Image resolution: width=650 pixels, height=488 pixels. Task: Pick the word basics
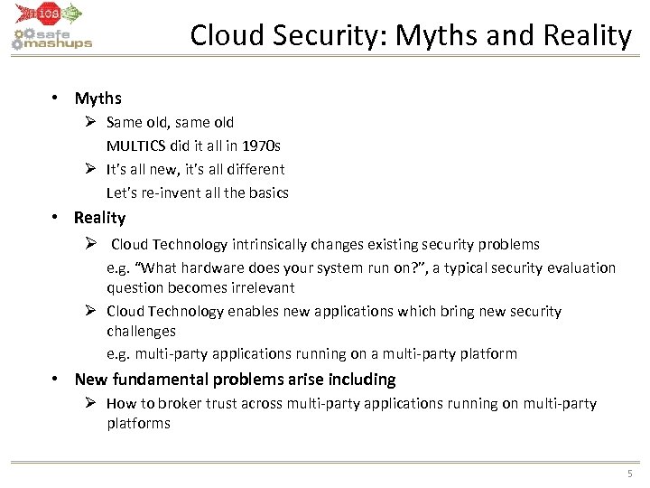(268, 192)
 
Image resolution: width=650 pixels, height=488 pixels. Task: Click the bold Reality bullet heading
(99, 218)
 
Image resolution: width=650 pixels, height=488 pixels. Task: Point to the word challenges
(141, 331)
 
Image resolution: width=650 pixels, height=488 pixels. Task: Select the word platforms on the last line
(138, 423)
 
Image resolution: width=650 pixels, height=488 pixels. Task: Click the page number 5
(629, 474)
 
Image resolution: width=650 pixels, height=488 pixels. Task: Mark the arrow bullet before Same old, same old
(92, 122)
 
